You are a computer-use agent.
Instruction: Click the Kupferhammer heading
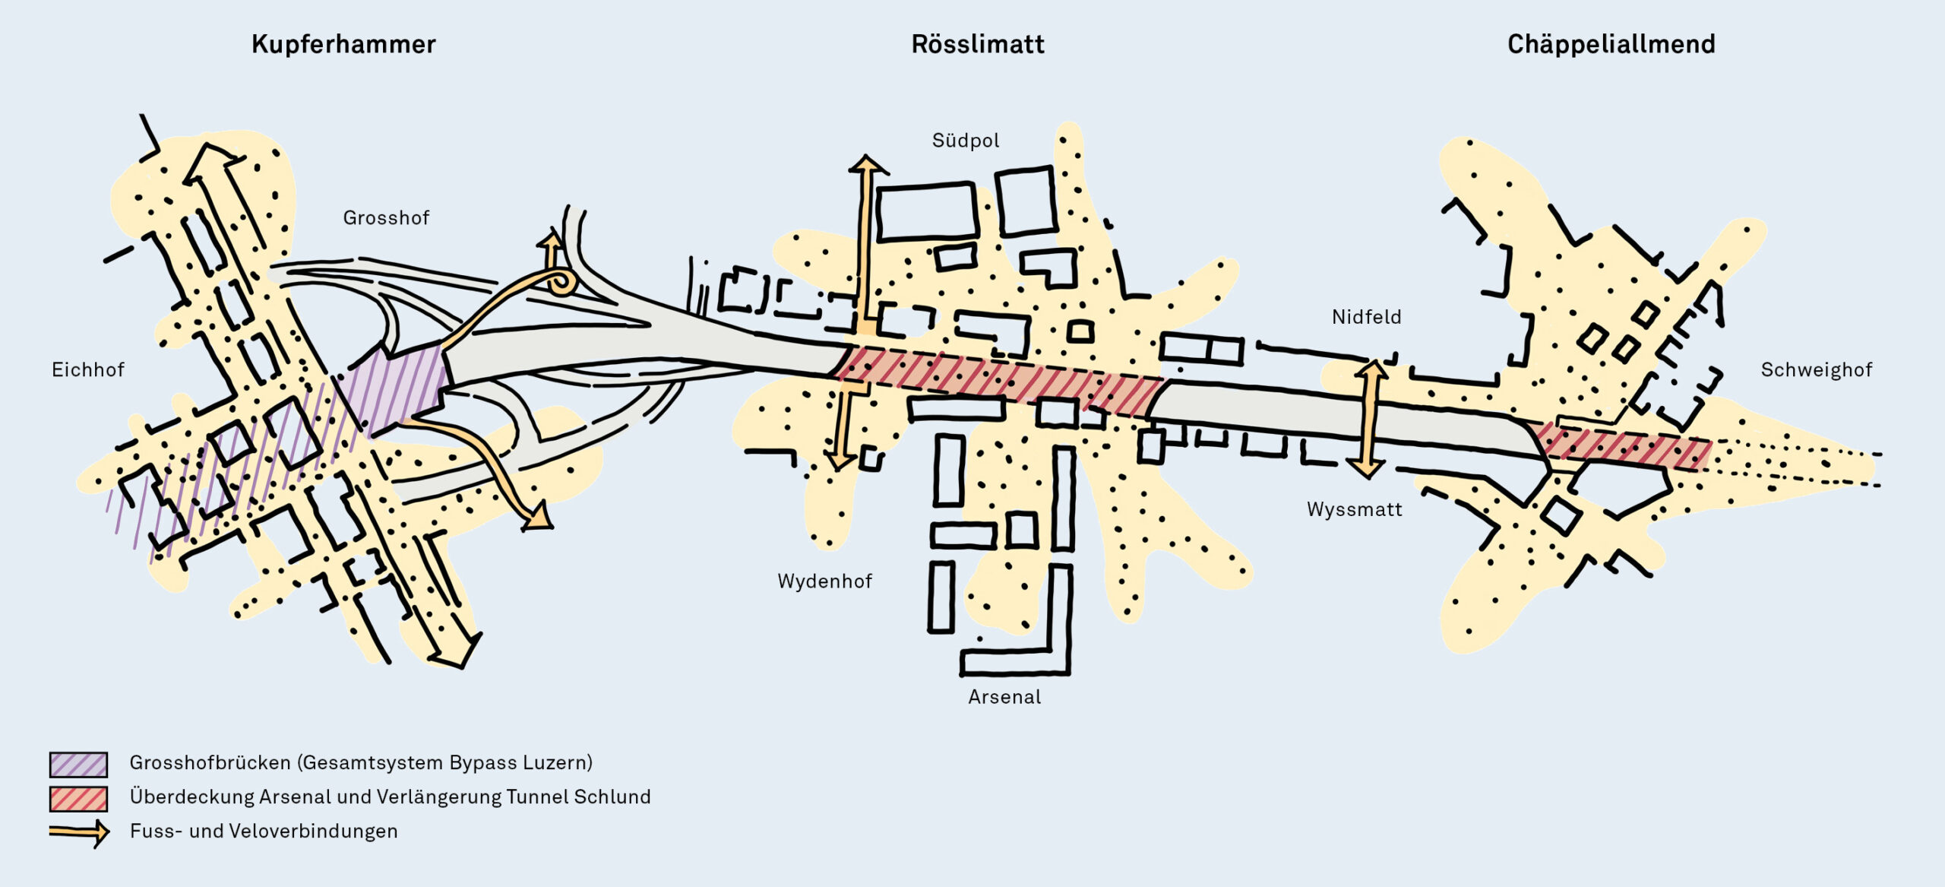point(343,45)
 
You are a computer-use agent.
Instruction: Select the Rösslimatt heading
point(978,45)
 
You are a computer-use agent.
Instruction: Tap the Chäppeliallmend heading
point(1611,45)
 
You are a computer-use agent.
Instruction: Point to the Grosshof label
point(386,218)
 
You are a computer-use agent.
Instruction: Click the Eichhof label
point(88,370)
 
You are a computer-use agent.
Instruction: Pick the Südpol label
point(966,141)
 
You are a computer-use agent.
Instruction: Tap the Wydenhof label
point(824,581)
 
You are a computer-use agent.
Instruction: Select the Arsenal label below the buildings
point(1004,697)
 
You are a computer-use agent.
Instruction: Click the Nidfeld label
point(1366,317)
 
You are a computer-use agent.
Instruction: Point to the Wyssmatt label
point(1354,509)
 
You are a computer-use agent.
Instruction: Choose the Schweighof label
point(1816,370)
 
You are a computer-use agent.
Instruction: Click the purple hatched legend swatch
point(78,764)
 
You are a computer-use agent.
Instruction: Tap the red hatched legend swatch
point(78,798)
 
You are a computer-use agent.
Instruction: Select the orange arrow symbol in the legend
point(80,832)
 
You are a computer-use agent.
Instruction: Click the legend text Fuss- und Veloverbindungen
point(264,832)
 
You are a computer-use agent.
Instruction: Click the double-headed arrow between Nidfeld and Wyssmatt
point(1369,419)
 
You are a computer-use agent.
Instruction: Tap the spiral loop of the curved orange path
point(563,283)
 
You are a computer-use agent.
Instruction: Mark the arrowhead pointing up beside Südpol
point(866,164)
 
